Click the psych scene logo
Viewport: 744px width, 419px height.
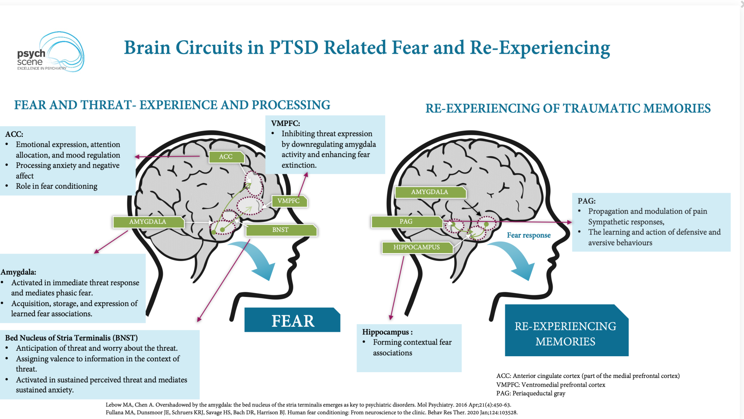tap(50, 53)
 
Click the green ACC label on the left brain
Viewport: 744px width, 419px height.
tap(226, 157)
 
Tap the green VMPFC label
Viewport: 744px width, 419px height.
tap(289, 201)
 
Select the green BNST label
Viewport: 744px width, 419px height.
tap(281, 230)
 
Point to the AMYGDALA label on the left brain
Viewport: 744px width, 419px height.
tap(148, 222)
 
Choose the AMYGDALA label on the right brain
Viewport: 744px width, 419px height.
tap(429, 192)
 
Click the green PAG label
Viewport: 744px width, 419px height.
tap(406, 221)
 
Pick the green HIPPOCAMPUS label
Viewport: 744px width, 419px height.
tap(417, 247)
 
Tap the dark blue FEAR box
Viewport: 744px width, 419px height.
tap(293, 321)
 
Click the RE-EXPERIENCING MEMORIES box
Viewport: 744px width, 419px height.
tap(565, 333)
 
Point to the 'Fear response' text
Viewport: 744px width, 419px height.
tap(529, 235)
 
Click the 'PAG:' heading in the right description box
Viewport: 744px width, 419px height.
tap(586, 201)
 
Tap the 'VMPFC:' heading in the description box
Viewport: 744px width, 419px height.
tap(286, 124)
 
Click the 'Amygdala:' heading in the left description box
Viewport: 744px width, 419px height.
tap(18, 272)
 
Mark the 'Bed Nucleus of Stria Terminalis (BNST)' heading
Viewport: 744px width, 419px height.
tap(71, 338)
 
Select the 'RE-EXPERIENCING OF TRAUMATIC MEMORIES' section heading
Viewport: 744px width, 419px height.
tap(568, 109)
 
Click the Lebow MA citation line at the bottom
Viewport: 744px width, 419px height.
tap(308, 405)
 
